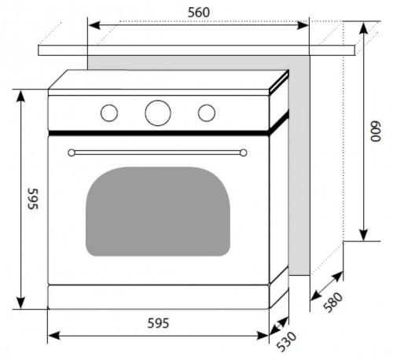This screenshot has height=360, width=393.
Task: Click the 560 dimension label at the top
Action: pos(199,13)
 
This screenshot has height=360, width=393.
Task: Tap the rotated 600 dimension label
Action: pos(376,131)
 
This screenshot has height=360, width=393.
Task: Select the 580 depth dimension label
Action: pos(332,302)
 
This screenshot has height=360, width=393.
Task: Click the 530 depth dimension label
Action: pos(287,341)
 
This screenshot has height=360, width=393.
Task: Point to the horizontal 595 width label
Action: pos(158,323)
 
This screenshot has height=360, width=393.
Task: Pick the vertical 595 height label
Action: pos(33,199)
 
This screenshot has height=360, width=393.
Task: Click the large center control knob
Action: pos(158,113)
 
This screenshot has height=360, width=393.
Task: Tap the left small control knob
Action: pos(109,113)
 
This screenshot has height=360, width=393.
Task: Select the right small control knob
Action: pos(207,113)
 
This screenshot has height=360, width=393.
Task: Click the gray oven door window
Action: pos(158,211)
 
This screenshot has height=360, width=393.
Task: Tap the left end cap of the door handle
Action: pos(72,152)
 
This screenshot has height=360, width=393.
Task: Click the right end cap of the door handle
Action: pos(244,152)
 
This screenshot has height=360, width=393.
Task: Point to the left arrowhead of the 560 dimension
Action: pos(94,25)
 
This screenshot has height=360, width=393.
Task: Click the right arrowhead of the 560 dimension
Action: pos(303,25)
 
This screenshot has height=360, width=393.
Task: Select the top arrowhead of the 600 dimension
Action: pos(363,29)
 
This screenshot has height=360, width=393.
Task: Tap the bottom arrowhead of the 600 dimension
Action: pos(363,234)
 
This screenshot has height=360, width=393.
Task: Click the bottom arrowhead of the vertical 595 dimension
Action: pos(20,303)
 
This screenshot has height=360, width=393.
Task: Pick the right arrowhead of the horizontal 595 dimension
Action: pos(263,336)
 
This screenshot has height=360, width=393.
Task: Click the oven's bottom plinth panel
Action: pos(158,297)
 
